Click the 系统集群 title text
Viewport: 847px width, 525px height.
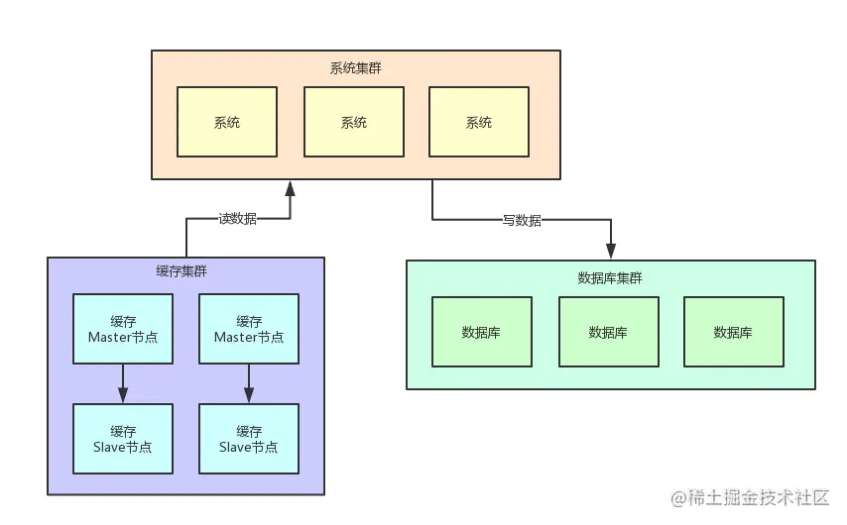pos(355,68)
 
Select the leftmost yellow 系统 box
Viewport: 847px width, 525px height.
pos(227,122)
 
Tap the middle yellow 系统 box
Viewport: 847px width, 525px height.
pos(354,122)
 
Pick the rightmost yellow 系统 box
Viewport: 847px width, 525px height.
pos(479,122)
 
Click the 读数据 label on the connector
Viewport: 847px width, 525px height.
pos(237,219)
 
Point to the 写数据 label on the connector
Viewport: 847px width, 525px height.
pos(522,220)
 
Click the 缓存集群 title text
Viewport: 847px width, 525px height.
pos(181,271)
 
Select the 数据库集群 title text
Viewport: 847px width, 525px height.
pos(610,278)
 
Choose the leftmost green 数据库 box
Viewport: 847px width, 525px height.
pos(481,332)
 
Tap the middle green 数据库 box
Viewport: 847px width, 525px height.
pos(608,332)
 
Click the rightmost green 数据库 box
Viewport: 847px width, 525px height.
pos(733,332)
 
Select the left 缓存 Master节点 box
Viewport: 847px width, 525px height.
pos(123,329)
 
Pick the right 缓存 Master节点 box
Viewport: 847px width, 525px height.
pos(249,329)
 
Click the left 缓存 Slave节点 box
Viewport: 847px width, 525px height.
pos(123,439)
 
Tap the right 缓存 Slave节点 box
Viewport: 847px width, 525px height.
pos(249,439)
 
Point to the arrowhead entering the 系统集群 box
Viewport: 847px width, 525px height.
pos(290,187)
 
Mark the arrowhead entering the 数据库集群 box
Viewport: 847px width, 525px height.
pos(611,252)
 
